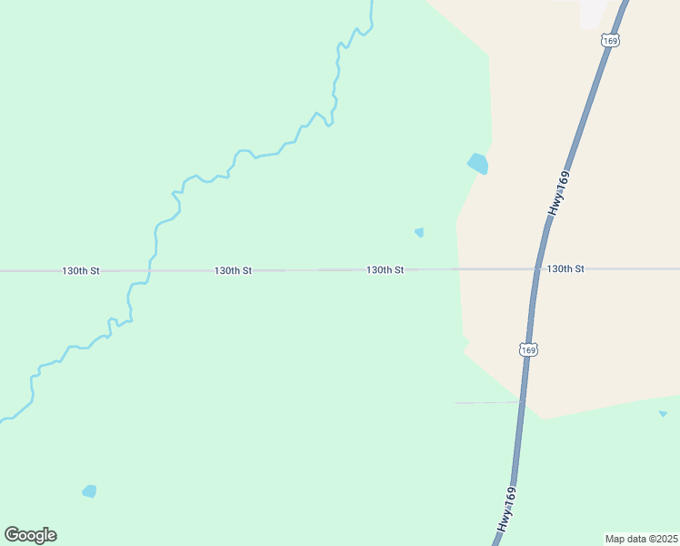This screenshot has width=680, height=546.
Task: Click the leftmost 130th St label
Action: [x=81, y=271]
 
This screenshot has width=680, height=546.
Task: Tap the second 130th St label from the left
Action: [x=233, y=271]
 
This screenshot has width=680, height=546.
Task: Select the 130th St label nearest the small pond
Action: [x=385, y=270]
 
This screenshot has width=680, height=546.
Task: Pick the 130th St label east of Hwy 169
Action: [x=565, y=269]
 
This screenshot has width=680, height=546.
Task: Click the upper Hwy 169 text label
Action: [x=558, y=194]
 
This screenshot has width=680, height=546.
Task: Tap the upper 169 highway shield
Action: [x=610, y=41]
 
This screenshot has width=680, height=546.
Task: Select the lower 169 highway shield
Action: [x=528, y=349]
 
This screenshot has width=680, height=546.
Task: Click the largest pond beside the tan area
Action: [x=477, y=164]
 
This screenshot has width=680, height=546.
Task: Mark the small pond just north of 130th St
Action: [x=419, y=232]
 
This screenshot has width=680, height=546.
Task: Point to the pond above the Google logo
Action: [x=89, y=491]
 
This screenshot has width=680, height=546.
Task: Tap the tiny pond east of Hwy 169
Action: [x=663, y=414]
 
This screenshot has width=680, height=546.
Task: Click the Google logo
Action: [x=30, y=535]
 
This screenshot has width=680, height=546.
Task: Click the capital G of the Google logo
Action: [x=12, y=534]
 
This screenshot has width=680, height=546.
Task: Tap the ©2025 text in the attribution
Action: [x=662, y=539]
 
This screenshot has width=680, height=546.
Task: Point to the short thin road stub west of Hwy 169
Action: [x=486, y=402]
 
